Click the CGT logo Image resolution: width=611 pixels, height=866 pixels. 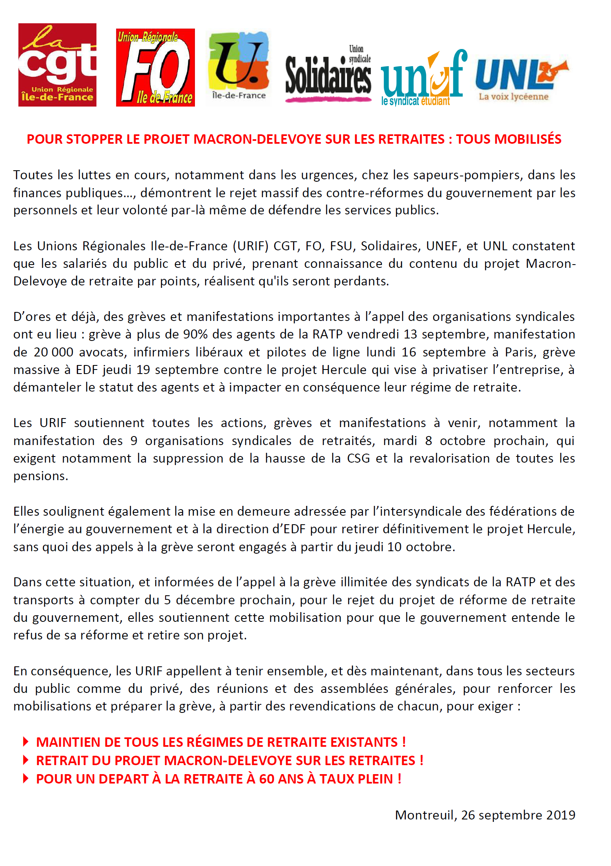pyautogui.click(x=57, y=65)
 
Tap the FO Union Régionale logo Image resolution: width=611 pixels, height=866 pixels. pyautogui.click(x=155, y=67)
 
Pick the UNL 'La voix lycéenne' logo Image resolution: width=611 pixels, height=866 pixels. pyautogui.click(x=521, y=80)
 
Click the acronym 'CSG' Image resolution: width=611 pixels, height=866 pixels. pyautogui.click(x=358, y=459)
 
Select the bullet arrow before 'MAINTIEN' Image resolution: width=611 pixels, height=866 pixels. pyautogui.click(x=26, y=741)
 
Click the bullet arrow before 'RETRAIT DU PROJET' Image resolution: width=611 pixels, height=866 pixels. pyautogui.click(x=26, y=760)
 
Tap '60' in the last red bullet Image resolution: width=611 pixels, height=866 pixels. pyautogui.click(x=266, y=779)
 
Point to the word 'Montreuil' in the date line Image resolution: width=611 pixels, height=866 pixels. pyautogui.click(x=425, y=815)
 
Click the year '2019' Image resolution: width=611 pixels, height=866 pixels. pyautogui.click(x=560, y=815)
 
